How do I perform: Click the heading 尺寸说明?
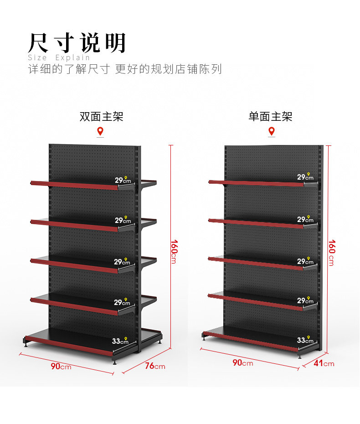click(x=77, y=43)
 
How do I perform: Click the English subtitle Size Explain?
click(x=59, y=57)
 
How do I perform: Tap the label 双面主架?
click(x=101, y=117)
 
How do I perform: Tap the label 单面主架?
click(x=271, y=117)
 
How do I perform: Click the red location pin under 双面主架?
click(x=100, y=131)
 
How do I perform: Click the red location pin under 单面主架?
click(x=272, y=131)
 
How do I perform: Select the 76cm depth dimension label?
click(x=155, y=366)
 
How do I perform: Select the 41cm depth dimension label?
click(x=324, y=363)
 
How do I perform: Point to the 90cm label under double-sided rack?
click(x=61, y=366)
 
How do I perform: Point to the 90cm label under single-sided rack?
click(x=243, y=362)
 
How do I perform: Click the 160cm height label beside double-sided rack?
click(x=174, y=252)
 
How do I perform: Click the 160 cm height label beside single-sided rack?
click(x=332, y=253)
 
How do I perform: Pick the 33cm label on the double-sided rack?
click(x=120, y=341)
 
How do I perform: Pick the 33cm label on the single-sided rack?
click(x=305, y=340)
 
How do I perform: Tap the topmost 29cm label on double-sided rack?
click(x=123, y=180)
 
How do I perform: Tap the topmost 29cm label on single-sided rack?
click(x=305, y=177)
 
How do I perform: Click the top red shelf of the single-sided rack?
click(x=256, y=184)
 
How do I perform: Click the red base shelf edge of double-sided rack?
click(x=69, y=346)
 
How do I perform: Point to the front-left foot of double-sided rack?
click(x=26, y=345)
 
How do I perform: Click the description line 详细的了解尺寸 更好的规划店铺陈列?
click(x=125, y=69)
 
